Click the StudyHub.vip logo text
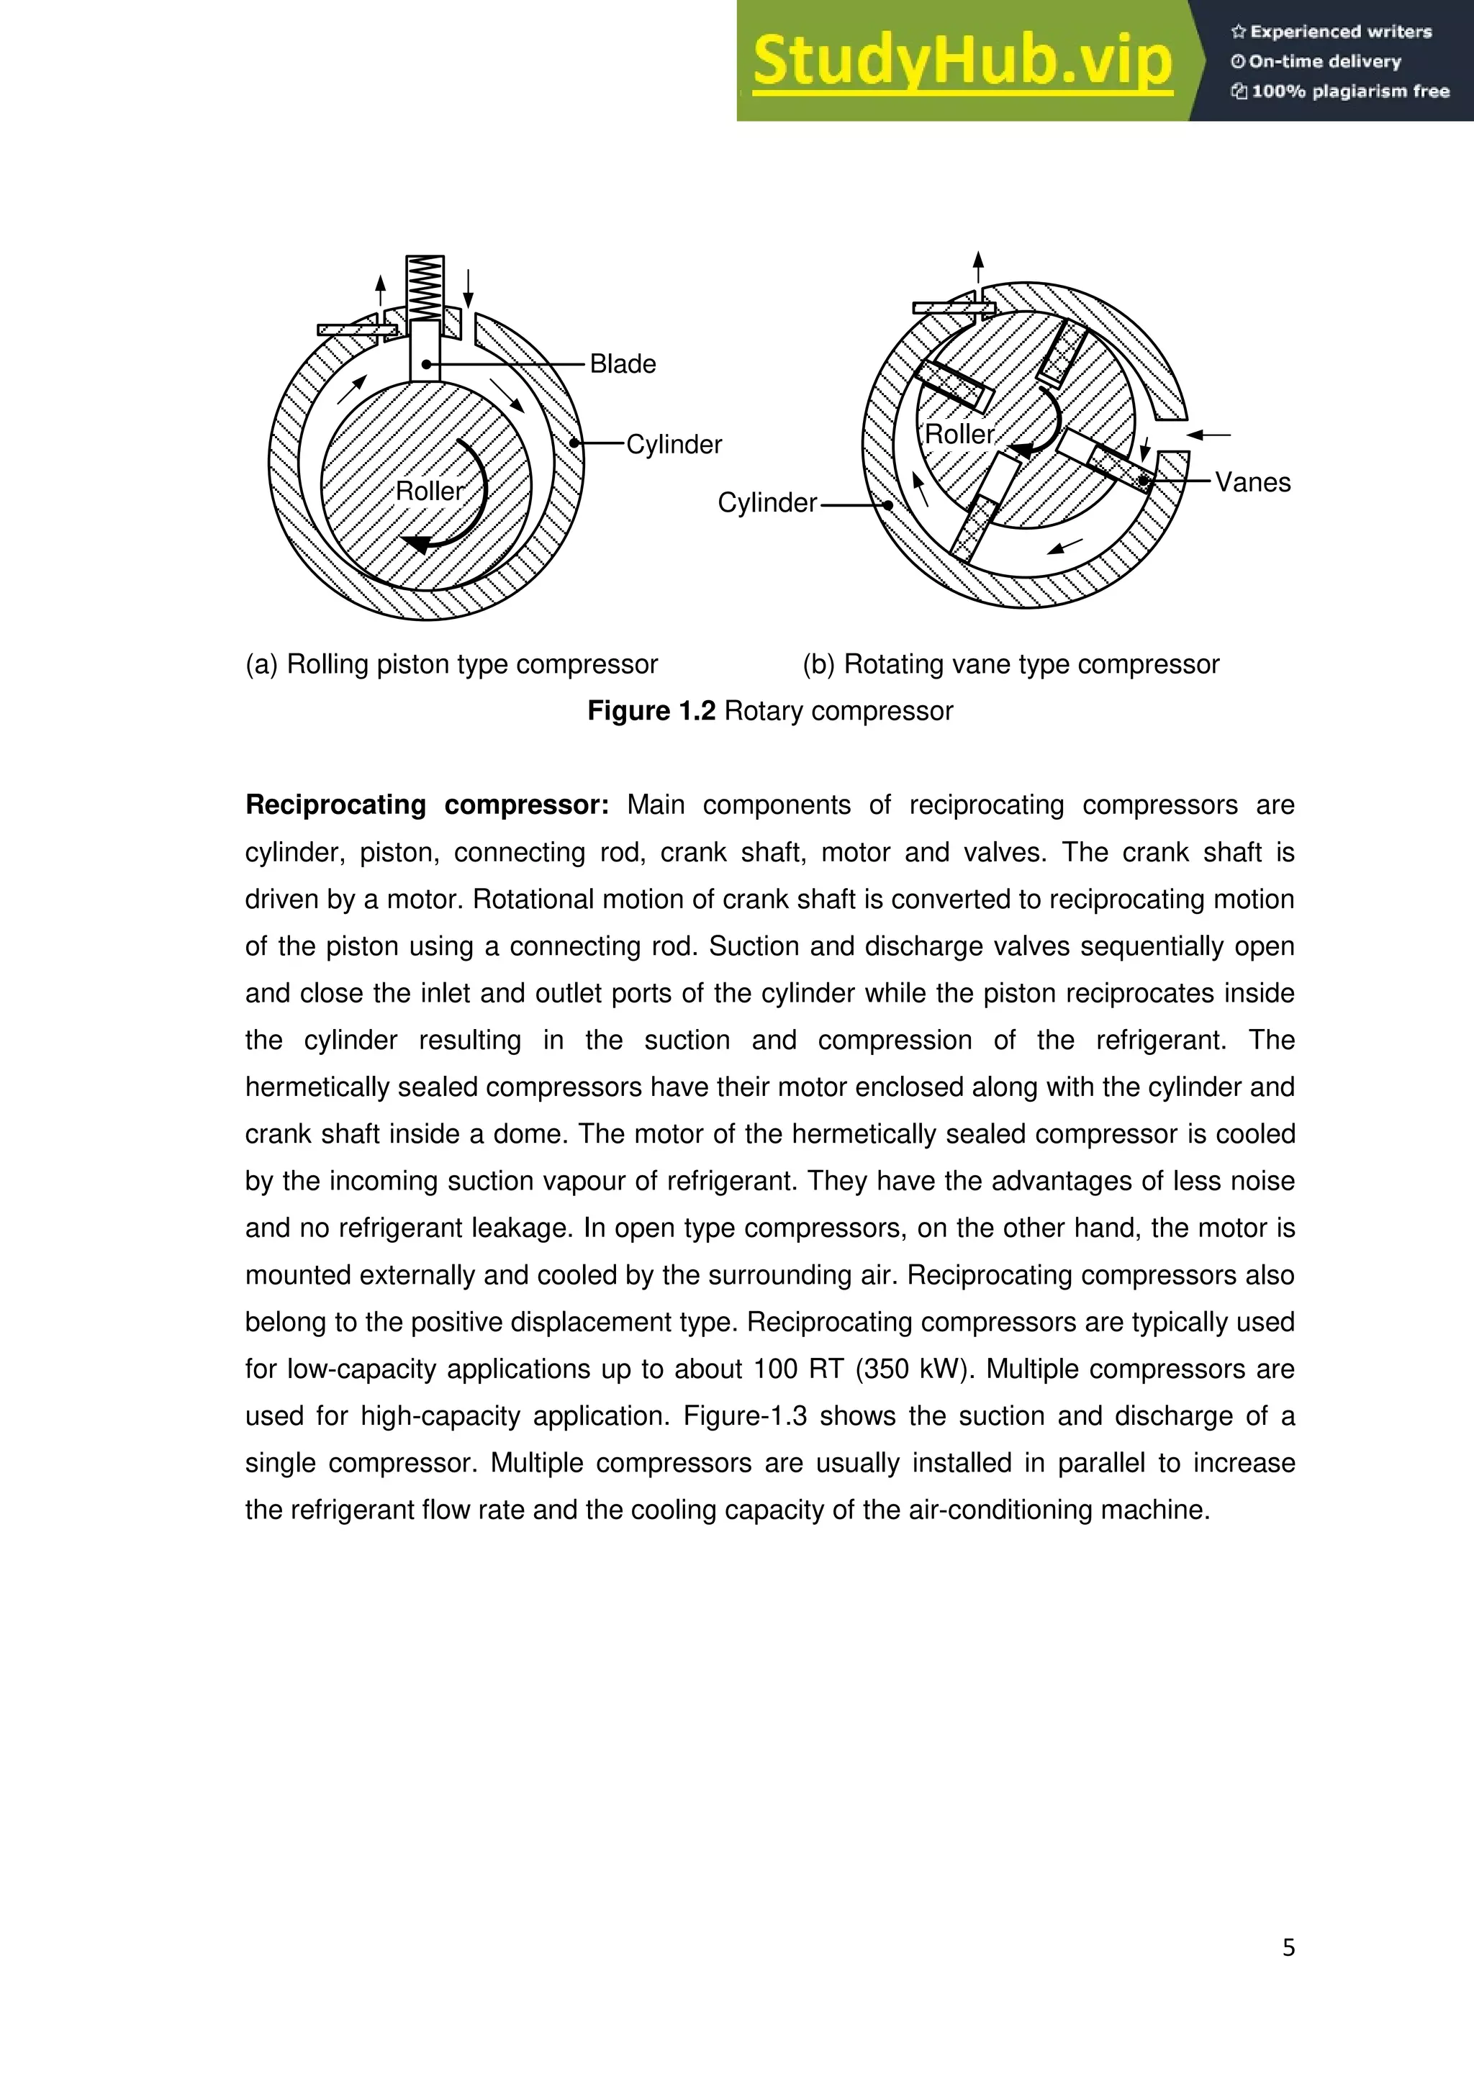click(x=962, y=62)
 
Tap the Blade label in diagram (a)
click(x=623, y=364)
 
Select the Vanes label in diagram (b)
click(x=1252, y=482)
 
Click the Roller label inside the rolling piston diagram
click(x=429, y=491)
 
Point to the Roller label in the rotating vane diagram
click(x=959, y=434)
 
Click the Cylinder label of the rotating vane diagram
click(x=767, y=503)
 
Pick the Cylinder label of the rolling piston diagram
click(x=674, y=445)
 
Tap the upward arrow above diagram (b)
click(x=977, y=268)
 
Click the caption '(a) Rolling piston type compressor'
click(x=451, y=664)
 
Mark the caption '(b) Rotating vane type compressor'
click(x=1010, y=664)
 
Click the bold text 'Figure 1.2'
click(x=651, y=711)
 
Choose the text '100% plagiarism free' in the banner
click(x=1349, y=91)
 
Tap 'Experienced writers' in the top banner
click(x=1341, y=32)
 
